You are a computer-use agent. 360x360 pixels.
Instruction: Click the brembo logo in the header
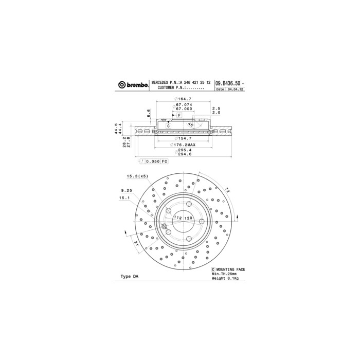(133, 85)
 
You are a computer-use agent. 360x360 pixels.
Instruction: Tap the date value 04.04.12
(236, 89)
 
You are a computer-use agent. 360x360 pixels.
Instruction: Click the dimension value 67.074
(184, 105)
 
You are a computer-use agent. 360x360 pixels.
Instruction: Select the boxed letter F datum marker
(179, 115)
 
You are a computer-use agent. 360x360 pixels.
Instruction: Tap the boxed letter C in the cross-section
(168, 125)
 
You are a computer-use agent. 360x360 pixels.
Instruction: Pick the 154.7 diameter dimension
(184, 139)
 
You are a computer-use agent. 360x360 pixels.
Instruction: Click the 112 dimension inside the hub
(177, 218)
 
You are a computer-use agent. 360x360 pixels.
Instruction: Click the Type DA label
(129, 276)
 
